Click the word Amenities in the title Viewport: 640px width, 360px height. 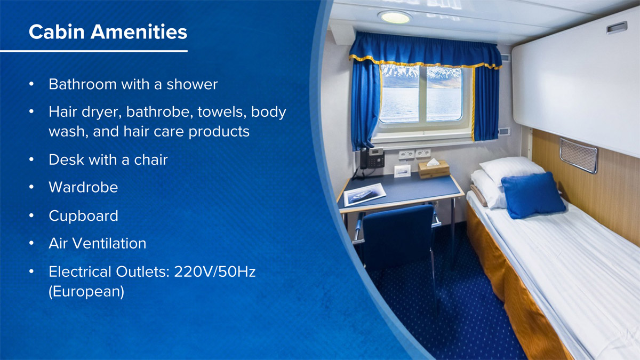(x=139, y=31)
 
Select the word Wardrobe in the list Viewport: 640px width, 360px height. (x=83, y=187)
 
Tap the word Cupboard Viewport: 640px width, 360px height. (x=83, y=215)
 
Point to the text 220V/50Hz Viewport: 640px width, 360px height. (x=214, y=271)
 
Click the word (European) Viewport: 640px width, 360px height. (x=86, y=292)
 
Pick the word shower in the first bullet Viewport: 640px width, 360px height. (x=192, y=84)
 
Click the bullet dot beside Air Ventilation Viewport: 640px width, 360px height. (x=31, y=243)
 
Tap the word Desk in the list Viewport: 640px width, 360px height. (x=66, y=159)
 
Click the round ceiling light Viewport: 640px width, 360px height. (x=395, y=18)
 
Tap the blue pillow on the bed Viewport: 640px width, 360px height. (x=533, y=195)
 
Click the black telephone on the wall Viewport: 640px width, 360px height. (x=371, y=158)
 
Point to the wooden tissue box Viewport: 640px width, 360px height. (x=434, y=169)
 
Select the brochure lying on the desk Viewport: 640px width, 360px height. (x=365, y=194)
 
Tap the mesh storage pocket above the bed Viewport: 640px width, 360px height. (x=578, y=156)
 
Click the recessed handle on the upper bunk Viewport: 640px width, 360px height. (x=617, y=28)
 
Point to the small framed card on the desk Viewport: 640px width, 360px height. (x=402, y=171)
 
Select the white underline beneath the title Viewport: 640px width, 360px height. (x=94, y=51)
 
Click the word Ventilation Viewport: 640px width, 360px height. (x=109, y=243)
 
